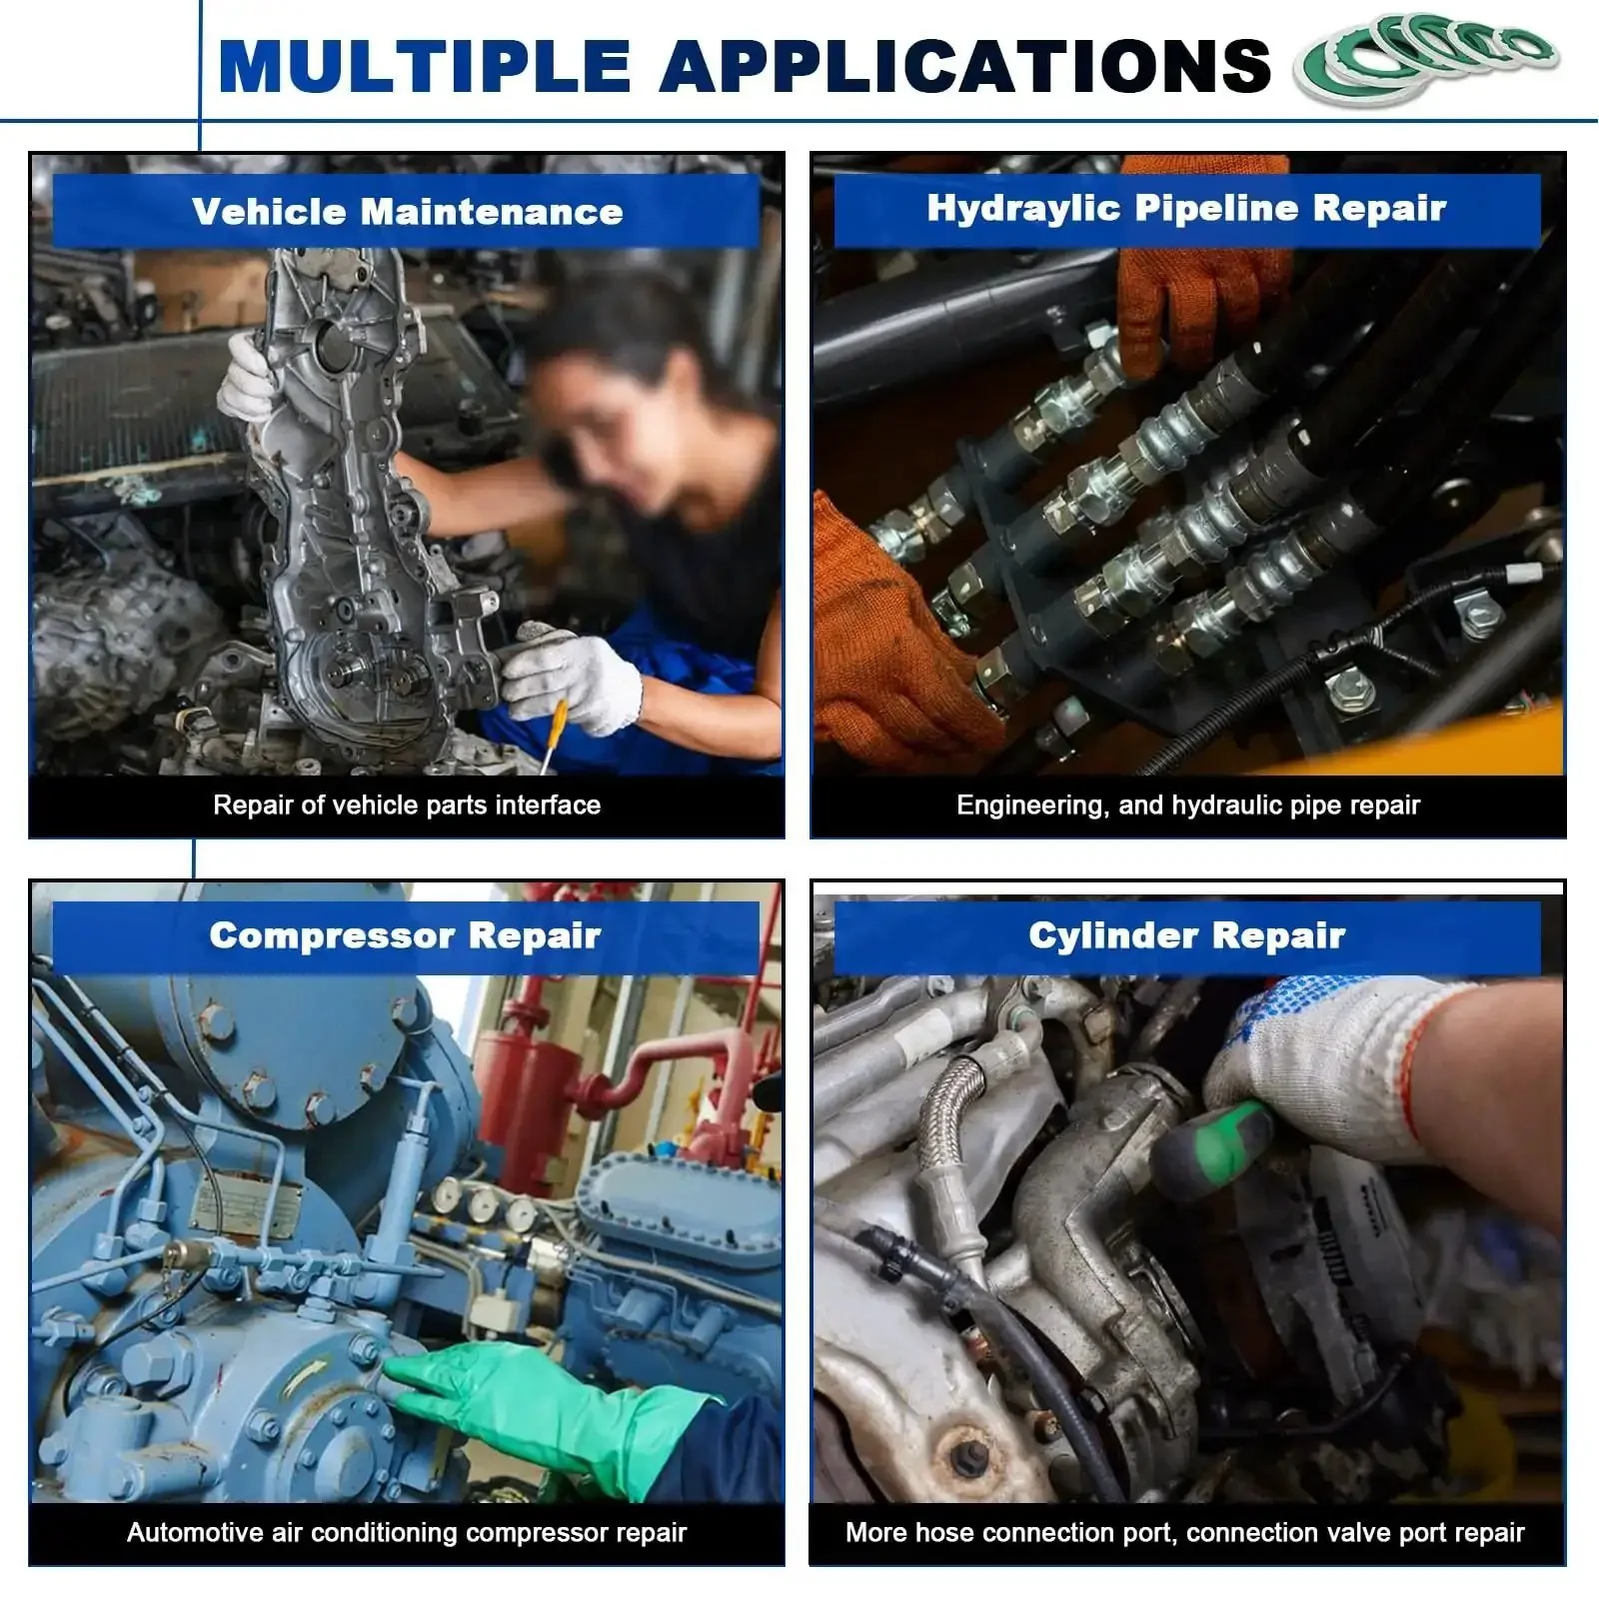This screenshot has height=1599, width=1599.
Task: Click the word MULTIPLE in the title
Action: tap(425, 66)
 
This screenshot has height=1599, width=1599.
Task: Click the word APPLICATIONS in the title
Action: tap(964, 66)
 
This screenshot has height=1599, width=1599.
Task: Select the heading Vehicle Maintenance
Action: tap(407, 211)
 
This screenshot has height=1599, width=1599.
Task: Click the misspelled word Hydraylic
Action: tap(1022, 209)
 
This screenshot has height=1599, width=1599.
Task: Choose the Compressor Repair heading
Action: tap(405, 935)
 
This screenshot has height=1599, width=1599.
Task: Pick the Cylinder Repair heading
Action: tap(1187, 935)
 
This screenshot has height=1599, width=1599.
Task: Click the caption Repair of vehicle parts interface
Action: tap(407, 805)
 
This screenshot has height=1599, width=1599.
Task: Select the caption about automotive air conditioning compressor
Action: tap(407, 1533)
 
